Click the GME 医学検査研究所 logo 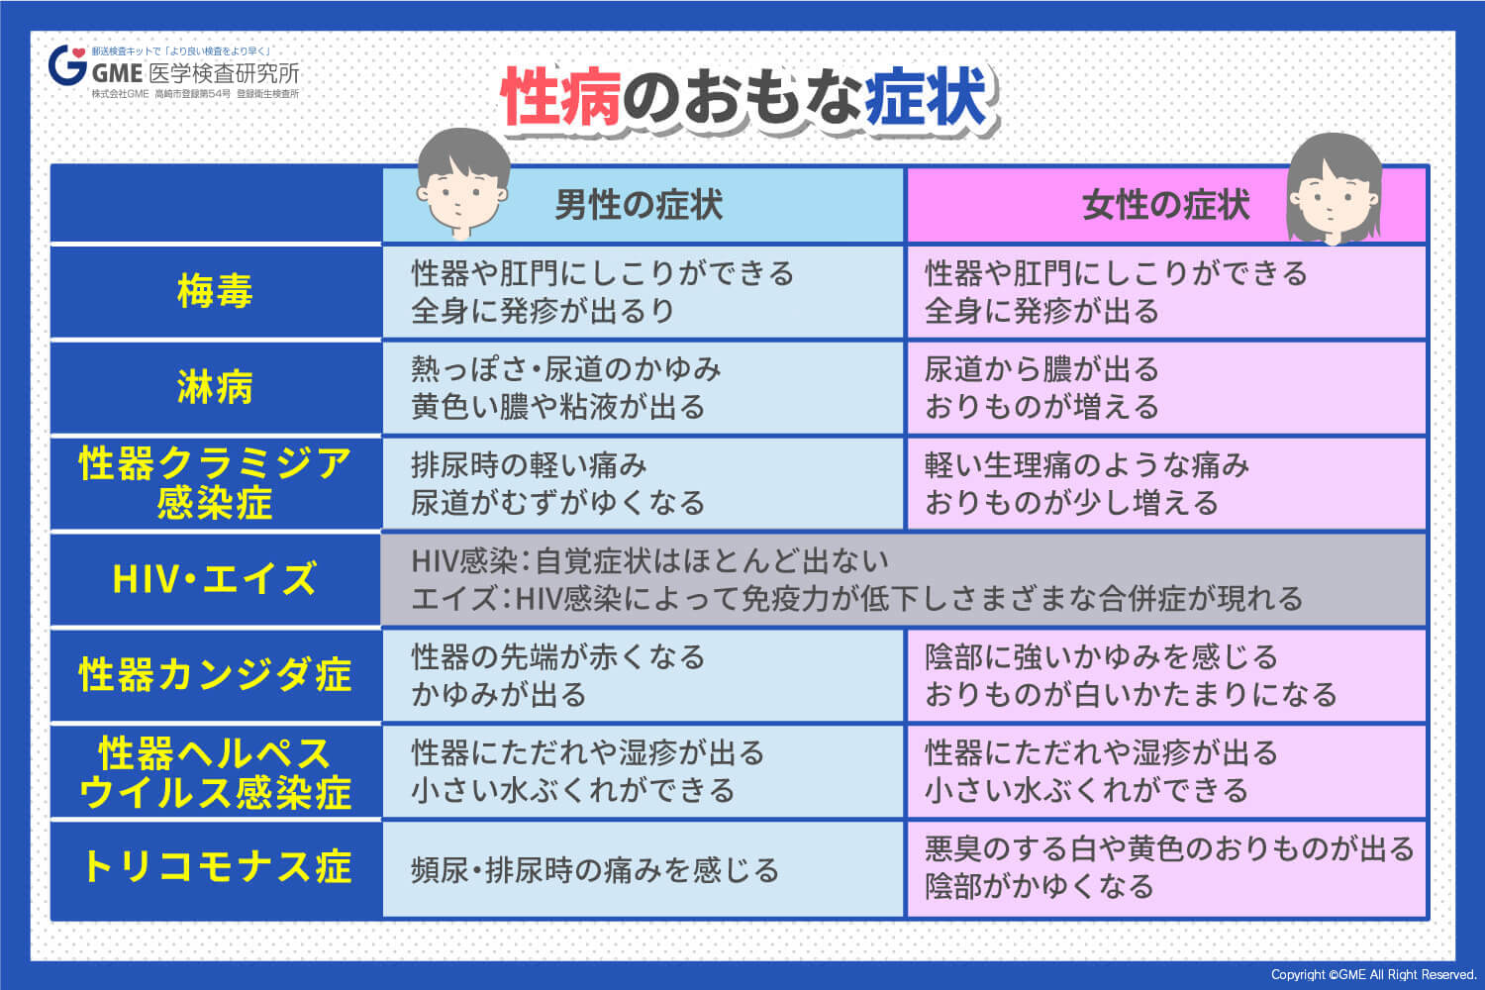click(174, 71)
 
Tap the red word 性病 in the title click(560, 98)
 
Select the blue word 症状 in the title click(927, 98)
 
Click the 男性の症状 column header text click(639, 206)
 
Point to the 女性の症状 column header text click(1166, 206)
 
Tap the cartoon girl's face click(1333, 193)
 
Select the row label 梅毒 click(215, 292)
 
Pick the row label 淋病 click(215, 387)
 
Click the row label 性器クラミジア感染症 click(215, 483)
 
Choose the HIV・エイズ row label click(215, 579)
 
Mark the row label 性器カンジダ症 click(215, 675)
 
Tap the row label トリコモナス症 click(215, 867)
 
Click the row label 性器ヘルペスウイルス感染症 click(215, 772)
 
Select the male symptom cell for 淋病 click(643, 388)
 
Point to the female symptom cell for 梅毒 click(1166, 292)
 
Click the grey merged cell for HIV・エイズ click(903, 580)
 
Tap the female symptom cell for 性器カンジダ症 click(1166, 675)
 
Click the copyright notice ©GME click(1373, 975)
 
